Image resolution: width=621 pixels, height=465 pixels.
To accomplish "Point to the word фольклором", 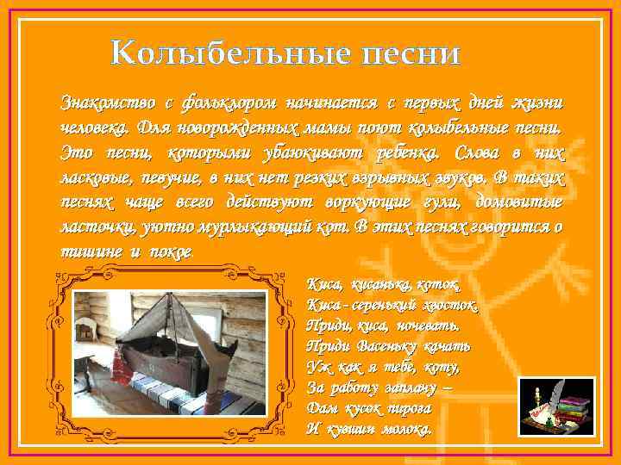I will [229, 102].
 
